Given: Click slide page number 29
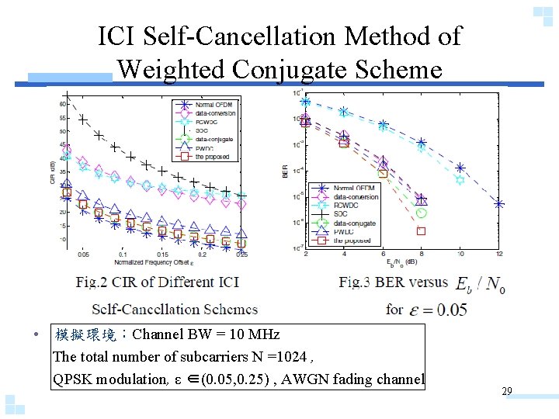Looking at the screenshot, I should point(506,392).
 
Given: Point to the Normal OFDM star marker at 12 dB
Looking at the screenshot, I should point(499,203).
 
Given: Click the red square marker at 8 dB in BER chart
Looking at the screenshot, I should point(422,230).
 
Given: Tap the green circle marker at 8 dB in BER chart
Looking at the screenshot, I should point(422,212).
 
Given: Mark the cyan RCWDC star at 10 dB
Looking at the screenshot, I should point(460,180).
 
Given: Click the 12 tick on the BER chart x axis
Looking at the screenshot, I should point(498,254).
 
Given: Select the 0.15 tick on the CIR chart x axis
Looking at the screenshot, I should point(161,254).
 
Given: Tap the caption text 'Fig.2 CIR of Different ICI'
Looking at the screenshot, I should point(157,282).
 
